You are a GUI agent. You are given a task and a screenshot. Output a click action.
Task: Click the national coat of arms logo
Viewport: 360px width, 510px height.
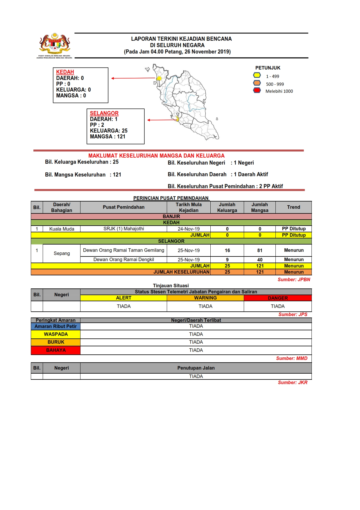(55, 44)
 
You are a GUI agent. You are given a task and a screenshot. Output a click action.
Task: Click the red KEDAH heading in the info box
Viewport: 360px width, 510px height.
(65, 72)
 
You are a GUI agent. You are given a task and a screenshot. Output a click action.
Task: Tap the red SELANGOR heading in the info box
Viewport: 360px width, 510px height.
(104, 113)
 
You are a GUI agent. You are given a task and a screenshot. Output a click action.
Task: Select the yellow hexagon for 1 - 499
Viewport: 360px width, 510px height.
(257, 75)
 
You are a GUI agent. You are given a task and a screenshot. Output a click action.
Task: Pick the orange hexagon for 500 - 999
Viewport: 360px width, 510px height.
(257, 83)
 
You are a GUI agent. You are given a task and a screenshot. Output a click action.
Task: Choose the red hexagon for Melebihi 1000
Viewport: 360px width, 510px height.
(257, 90)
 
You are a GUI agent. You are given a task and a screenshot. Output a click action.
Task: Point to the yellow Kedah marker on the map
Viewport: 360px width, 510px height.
(159, 78)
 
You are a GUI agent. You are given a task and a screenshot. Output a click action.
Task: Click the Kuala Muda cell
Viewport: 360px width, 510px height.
(62, 229)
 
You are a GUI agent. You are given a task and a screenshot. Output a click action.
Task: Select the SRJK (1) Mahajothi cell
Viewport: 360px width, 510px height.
(123, 229)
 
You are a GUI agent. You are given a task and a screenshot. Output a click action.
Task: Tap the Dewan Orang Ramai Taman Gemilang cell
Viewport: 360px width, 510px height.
(123, 250)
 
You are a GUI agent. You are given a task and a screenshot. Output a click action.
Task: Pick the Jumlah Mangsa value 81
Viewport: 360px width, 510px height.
(260, 250)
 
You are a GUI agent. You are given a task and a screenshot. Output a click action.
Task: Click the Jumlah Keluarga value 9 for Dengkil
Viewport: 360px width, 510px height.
(227, 260)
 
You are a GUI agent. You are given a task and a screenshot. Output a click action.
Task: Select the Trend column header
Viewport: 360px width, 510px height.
(293, 207)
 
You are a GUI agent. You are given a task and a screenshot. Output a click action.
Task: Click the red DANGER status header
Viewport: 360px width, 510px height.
(278, 298)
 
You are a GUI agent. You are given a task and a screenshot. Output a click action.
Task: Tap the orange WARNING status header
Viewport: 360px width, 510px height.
(205, 298)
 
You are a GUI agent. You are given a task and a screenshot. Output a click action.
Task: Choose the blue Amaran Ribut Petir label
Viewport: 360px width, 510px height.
(55, 326)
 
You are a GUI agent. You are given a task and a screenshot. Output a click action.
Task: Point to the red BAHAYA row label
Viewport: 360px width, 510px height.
(56, 350)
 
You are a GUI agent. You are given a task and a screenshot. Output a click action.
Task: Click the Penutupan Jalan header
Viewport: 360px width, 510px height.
(196, 368)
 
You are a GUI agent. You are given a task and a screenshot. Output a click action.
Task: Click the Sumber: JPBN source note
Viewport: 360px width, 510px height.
(294, 279)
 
